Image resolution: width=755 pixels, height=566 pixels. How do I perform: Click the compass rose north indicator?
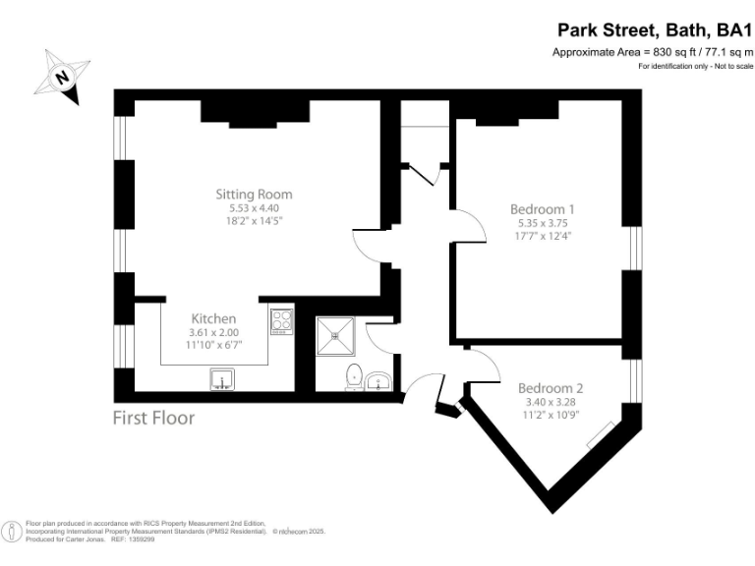point(65,76)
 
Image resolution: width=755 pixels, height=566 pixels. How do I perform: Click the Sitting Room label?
point(254,194)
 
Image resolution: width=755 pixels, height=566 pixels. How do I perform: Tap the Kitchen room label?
point(213,318)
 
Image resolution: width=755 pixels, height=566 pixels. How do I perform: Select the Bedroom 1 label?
point(542,208)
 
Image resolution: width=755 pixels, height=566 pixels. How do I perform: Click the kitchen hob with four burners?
point(281,320)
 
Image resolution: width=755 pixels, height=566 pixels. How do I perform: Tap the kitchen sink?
point(223,379)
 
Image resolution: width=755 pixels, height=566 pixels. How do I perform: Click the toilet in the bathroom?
point(353,378)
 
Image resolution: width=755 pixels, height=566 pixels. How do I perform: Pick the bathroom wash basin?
point(379,380)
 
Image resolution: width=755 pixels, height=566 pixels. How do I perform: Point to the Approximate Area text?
point(652,52)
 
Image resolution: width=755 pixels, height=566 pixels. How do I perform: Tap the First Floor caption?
point(154,418)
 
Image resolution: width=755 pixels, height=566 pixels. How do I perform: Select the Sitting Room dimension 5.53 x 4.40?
point(254,208)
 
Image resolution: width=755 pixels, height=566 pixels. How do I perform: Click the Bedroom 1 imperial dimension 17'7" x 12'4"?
point(542,236)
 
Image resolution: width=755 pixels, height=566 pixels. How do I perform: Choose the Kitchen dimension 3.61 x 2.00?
point(213,333)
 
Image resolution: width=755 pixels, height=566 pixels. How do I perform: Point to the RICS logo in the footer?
point(12,532)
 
